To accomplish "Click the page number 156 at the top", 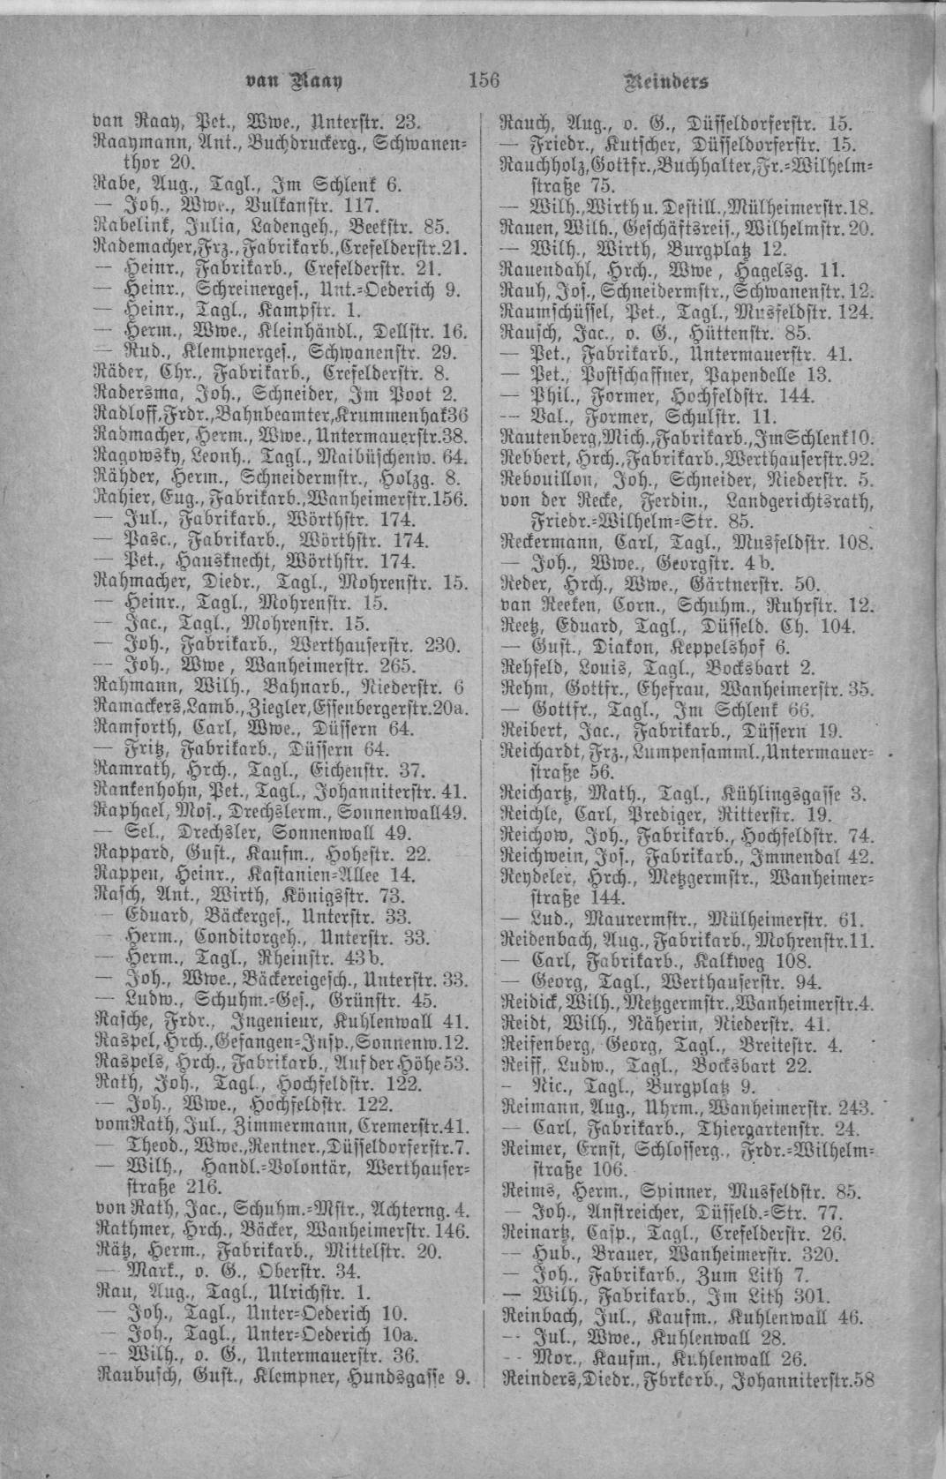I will coord(484,81).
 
